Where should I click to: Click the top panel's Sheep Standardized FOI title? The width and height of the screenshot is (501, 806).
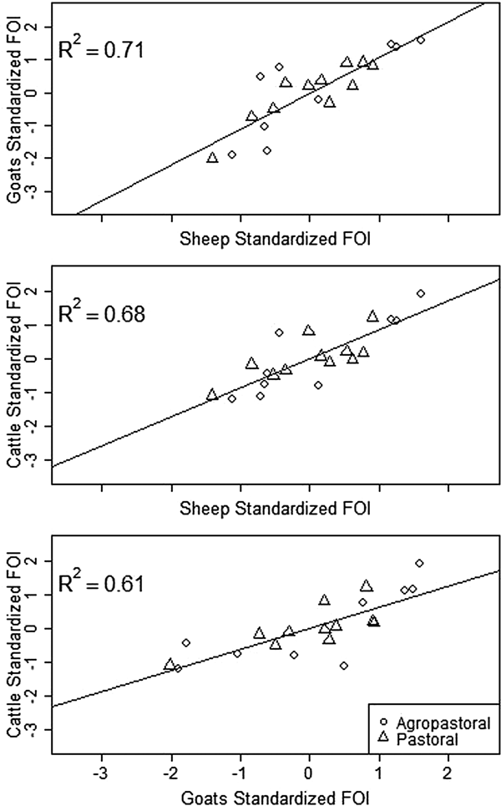276,240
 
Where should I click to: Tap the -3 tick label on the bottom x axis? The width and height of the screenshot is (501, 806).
102,763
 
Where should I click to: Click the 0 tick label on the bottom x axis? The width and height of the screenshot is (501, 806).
310,763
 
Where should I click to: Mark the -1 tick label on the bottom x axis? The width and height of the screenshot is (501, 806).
240,763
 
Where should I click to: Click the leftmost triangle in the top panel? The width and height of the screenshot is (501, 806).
212,157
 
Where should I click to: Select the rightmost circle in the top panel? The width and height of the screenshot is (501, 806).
420,40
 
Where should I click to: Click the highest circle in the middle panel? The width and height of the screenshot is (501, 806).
420,293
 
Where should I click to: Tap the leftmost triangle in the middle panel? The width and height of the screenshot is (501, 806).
212,394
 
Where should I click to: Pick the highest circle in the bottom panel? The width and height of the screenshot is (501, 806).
419,563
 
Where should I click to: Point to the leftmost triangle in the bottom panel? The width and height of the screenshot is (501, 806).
170,664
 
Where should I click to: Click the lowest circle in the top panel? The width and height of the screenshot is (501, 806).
231,155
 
